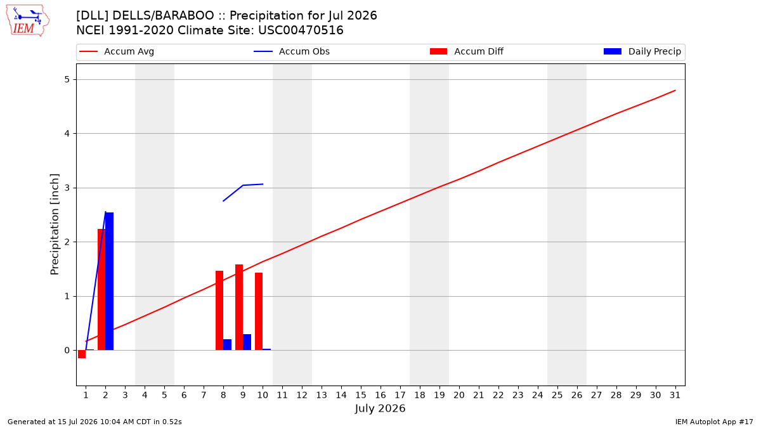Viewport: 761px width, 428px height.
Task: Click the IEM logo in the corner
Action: (27, 21)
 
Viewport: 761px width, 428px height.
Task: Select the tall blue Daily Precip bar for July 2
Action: (109, 282)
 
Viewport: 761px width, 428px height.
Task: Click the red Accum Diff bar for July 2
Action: (101, 289)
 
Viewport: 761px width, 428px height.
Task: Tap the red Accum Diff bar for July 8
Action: (219, 311)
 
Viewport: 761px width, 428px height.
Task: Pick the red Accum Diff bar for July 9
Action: (239, 308)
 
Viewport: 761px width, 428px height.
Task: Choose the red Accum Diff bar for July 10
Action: (259, 311)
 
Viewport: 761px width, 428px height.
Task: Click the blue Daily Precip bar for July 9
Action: (247, 342)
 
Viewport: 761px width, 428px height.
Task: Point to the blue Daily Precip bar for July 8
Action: (227, 345)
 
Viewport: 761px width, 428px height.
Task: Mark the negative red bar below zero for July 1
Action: (82, 354)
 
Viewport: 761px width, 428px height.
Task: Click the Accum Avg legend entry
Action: (117, 51)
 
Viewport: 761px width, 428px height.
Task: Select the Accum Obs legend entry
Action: (292, 51)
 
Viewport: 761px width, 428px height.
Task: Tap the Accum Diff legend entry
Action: (467, 51)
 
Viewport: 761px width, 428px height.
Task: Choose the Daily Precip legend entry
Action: (642, 51)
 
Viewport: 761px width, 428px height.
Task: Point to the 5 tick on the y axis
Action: (67, 79)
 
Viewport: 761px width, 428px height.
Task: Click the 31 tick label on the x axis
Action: (675, 395)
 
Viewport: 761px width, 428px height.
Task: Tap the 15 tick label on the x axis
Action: (361, 395)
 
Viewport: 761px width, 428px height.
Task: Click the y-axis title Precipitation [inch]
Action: (55, 224)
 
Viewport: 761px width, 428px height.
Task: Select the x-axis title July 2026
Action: (380, 408)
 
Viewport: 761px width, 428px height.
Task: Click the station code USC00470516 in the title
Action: (301, 30)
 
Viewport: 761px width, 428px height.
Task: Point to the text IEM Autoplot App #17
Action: (714, 422)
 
